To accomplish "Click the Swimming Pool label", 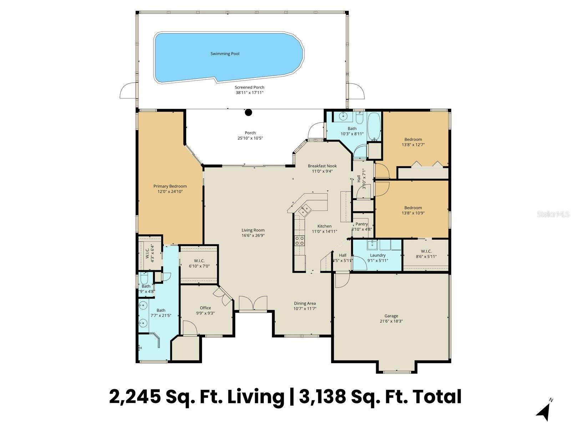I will click(225, 54).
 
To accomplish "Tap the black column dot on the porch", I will click(248, 113).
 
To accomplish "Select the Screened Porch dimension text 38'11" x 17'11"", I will click(249, 93).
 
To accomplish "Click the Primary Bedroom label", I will click(170, 186).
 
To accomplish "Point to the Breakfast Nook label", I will click(322, 166).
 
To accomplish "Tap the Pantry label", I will click(362, 224).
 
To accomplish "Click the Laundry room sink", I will click(372, 244).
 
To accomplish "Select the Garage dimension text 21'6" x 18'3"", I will click(391, 321).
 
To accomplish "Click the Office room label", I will click(205, 308).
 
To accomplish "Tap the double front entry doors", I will click(253, 304).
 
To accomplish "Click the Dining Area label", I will click(305, 304).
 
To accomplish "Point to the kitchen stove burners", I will click(299, 241).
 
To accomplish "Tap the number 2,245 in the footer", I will click(135, 397).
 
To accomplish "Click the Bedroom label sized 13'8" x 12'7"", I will click(413, 139).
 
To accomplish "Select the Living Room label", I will click(253, 230).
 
